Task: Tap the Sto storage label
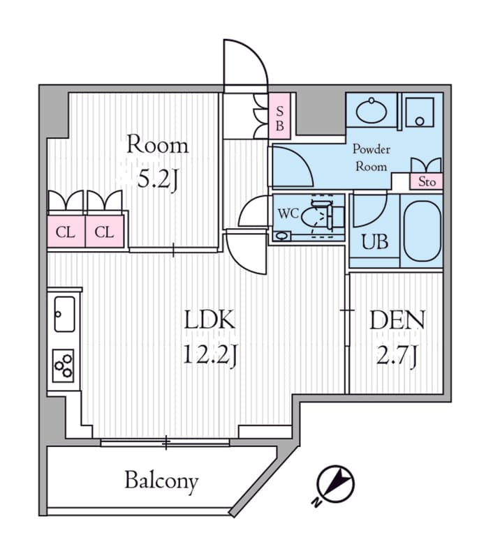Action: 427,182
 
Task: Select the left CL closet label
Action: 66,232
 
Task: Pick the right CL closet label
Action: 105,232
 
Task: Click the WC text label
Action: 288,213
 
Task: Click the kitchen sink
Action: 64,314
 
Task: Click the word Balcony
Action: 161,481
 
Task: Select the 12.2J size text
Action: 209,356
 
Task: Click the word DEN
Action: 397,321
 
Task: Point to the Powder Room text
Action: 371,158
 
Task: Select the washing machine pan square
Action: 420,112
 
